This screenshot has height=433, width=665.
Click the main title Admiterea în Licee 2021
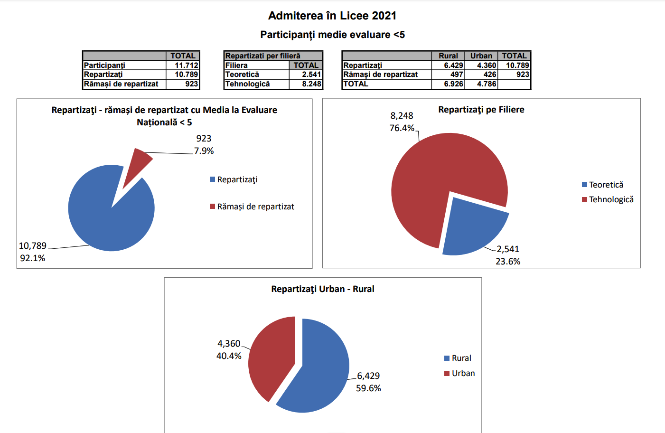click(x=332, y=16)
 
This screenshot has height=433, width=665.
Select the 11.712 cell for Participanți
click(x=186, y=66)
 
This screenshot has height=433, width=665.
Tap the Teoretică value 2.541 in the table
click(x=311, y=75)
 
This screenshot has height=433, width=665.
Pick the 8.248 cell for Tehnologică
click(x=311, y=84)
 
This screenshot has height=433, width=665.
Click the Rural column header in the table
click(x=448, y=56)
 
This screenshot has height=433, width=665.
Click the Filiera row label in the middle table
click(x=236, y=66)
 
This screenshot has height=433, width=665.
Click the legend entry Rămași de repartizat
click(x=255, y=207)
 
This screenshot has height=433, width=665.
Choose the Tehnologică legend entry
click(x=611, y=199)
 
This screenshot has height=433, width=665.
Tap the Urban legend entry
click(x=463, y=373)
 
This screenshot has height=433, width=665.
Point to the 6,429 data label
click(x=368, y=376)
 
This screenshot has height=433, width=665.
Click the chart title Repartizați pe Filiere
click(x=481, y=110)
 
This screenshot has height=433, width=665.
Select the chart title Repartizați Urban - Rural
click(x=323, y=289)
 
